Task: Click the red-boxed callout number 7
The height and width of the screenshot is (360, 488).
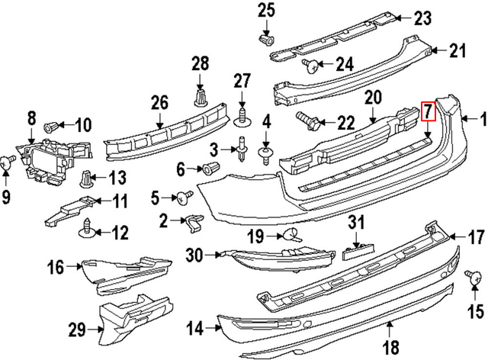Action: (428, 112)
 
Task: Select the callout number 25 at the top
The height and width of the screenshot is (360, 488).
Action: (265, 10)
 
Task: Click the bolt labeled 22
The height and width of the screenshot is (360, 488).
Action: (304, 121)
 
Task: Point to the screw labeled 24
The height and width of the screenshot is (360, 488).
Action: (310, 64)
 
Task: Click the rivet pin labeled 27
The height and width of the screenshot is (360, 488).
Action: (242, 116)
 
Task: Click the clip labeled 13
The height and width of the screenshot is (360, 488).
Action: (88, 180)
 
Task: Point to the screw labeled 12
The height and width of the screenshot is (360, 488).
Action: (90, 227)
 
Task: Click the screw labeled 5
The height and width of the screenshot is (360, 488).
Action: (184, 198)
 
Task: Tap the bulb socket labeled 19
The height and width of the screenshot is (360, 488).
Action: (291, 234)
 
